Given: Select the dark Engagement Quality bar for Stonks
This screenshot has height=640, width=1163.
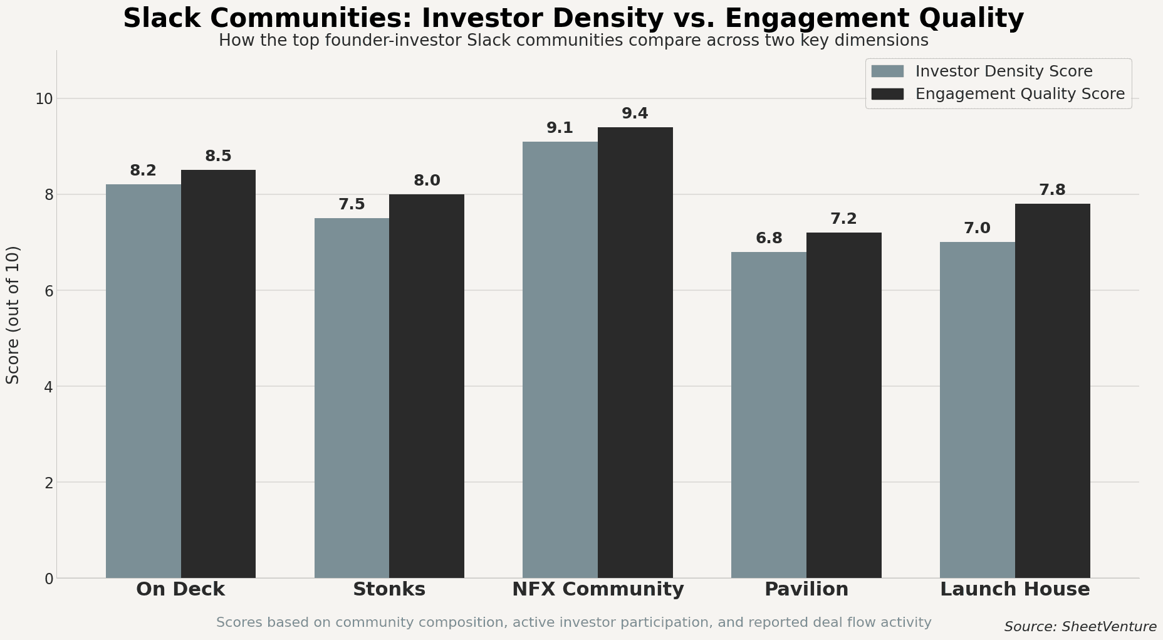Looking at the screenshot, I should [427, 386].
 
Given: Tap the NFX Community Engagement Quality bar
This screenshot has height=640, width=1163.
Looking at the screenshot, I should [635, 352].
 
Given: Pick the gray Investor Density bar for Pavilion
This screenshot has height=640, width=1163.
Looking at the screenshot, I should [769, 415].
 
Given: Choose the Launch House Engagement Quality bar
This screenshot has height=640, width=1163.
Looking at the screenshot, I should [1052, 391].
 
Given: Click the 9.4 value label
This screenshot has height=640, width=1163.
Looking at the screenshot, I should [635, 113].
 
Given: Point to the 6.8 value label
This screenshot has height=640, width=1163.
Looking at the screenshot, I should [769, 238].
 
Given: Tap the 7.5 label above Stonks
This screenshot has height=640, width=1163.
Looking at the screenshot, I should [352, 204].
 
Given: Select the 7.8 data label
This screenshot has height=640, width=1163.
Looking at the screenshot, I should [1052, 190].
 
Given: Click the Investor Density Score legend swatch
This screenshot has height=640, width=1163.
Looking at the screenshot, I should [887, 71].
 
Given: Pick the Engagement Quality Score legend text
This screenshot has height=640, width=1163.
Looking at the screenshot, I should [1020, 94].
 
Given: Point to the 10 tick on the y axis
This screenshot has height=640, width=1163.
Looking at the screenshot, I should [44, 99].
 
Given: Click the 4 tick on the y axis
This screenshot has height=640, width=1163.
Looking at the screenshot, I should [48, 387].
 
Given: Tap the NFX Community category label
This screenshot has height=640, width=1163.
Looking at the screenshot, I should [598, 589].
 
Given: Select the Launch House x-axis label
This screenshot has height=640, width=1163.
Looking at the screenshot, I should [1014, 589].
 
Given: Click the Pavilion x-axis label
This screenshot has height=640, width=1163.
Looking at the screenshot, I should [806, 589].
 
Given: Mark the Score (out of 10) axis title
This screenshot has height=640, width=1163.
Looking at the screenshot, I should [13, 315].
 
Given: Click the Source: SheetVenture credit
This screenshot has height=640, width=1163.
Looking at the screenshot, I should [1080, 627].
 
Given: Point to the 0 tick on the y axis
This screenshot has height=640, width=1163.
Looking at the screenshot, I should [48, 579].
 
